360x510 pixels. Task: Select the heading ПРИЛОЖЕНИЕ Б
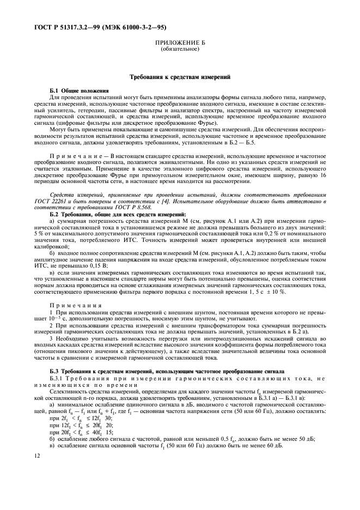[x=180, y=42]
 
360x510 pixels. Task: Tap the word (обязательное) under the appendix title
[x=180, y=49]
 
